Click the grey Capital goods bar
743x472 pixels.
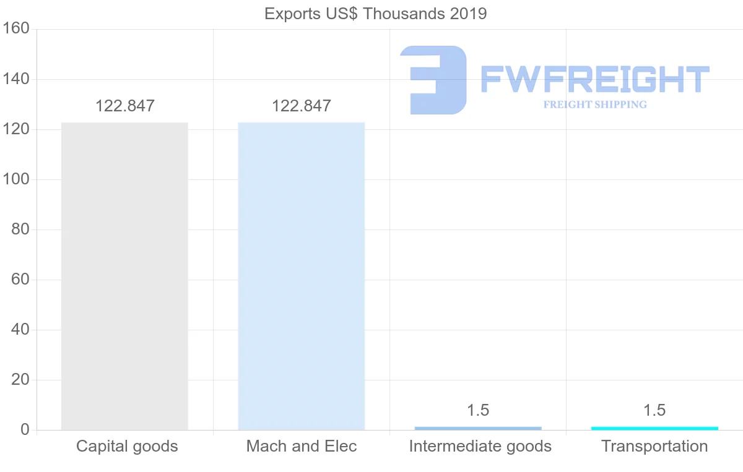tap(124, 276)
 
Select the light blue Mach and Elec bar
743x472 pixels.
tap(302, 276)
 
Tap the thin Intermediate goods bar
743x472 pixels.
tap(478, 428)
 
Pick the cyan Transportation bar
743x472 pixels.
tap(654, 428)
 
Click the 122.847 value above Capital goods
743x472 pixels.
tap(124, 106)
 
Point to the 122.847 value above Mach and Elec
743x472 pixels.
tap(302, 106)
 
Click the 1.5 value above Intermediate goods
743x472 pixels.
tap(478, 410)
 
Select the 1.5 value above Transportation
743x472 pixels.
tap(654, 410)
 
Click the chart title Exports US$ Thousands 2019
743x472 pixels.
tap(375, 13)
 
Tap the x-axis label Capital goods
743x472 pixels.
tap(127, 446)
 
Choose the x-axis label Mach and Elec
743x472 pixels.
tap(302, 446)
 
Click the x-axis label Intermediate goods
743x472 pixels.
tap(480, 446)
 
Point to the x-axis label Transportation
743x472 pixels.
tap(654, 446)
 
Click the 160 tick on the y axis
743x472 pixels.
tap(16, 29)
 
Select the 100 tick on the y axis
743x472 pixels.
tap(16, 179)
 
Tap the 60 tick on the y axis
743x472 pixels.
tap(20, 280)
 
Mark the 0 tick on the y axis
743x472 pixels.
tap(25, 430)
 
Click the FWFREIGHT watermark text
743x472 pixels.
tap(594, 79)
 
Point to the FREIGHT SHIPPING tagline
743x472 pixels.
tap(595, 105)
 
